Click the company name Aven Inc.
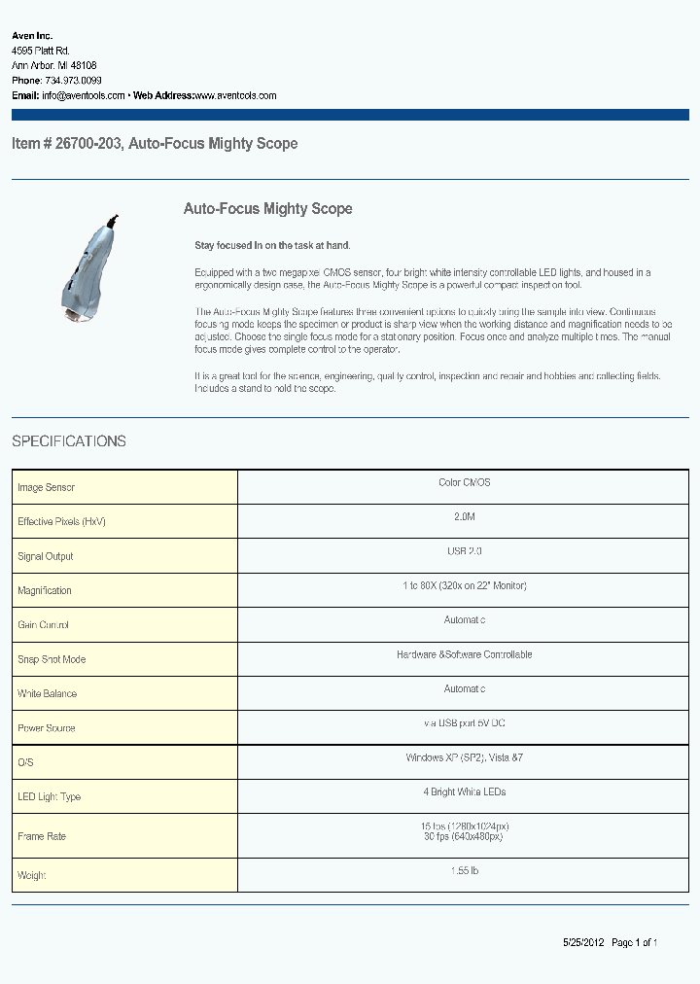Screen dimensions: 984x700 32,35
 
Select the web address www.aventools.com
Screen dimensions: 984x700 235,96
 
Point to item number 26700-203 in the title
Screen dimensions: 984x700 88,144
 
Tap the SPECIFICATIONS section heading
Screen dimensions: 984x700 69,441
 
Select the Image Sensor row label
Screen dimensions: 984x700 46,487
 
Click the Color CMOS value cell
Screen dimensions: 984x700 464,483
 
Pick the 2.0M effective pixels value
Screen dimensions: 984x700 464,517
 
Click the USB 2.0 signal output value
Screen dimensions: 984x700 464,551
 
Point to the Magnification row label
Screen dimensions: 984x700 45,590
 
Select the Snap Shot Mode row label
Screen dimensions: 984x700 52,659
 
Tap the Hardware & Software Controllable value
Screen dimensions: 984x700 464,654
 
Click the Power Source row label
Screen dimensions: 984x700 46,728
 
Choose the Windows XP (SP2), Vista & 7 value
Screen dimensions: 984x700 464,757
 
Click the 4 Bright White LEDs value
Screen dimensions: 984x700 464,791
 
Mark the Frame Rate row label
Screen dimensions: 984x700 42,836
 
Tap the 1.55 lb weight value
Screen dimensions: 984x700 464,870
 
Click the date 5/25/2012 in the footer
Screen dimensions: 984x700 583,942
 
